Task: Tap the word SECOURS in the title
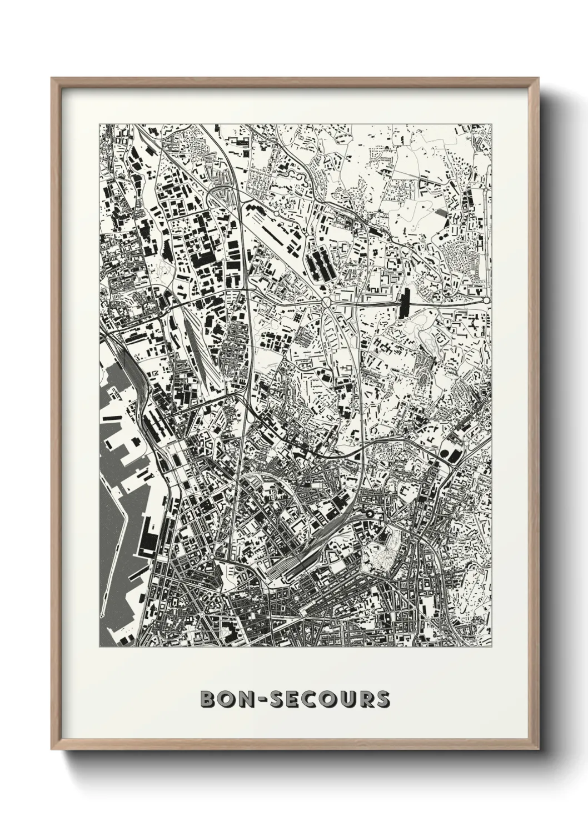coord(330,699)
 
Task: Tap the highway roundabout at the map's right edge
coord(486,300)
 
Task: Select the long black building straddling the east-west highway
coord(404,303)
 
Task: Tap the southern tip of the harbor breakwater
coord(102,616)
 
